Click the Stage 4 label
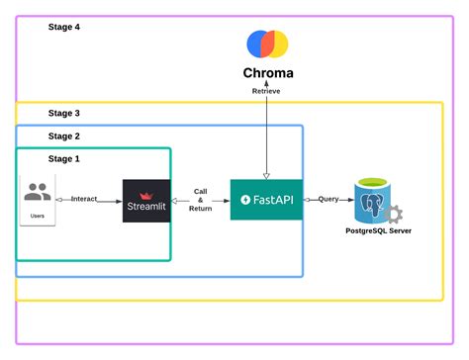(64, 27)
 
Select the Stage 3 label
(64, 114)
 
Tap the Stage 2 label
(64, 135)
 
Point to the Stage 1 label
(64, 158)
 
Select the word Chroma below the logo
(268, 73)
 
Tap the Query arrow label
(328, 199)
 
